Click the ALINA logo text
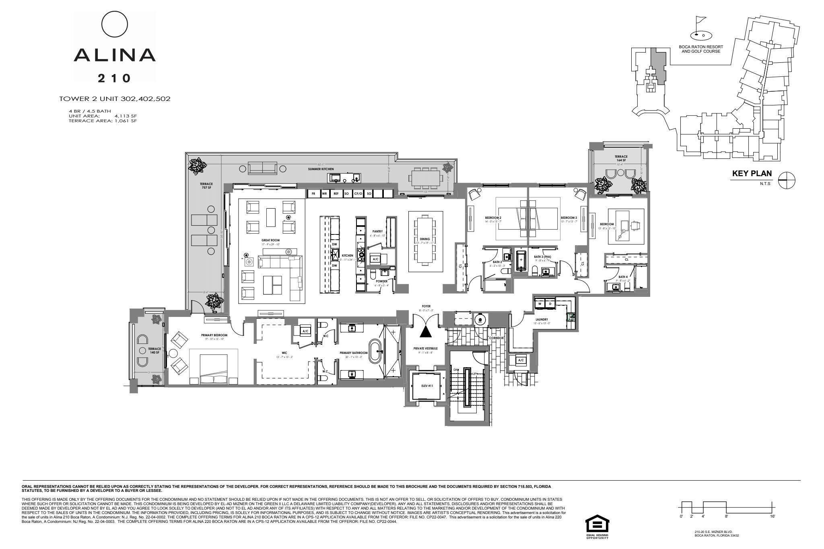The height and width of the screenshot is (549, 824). pyautogui.click(x=115, y=55)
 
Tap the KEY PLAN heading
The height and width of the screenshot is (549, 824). pyautogui.click(x=751, y=174)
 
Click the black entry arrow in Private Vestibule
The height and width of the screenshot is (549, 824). pyautogui.click(x=425, y=331)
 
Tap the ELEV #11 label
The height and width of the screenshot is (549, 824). pyautogui.click(x=427, y=386)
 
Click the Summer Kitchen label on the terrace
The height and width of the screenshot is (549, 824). pyautogui.click(x=321, y=169)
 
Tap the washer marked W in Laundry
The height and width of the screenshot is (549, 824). pyautogui.click(x=540, y=304)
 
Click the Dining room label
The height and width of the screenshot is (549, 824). pyautogui.click(x=424, y=239)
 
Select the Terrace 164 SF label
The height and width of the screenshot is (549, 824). pyautogui.click(x=620, y=158)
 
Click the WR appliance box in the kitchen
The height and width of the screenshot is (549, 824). pyautogui.click(x=324, y=193)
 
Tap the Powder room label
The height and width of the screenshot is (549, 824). pyautogui.click(x=381, y=282)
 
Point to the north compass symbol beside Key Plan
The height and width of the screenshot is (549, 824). pyautogui.click(x=787, y=180)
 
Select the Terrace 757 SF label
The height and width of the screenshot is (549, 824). pyautogui.click(x=206, y=185)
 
